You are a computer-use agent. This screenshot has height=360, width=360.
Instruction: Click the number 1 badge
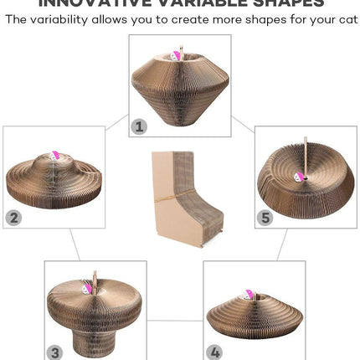(140, 126)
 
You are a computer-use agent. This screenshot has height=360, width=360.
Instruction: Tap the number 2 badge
(14, 218)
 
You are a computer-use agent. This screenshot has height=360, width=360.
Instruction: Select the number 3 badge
(55, 352)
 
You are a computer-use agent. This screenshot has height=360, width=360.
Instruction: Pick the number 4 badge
(214, 352)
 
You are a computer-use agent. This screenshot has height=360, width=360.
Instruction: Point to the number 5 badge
(265, 218)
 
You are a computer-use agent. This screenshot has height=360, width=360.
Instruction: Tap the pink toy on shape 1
(177, 56)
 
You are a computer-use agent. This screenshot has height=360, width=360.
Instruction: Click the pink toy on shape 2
(56, 156)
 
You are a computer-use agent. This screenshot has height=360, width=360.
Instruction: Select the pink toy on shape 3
(87, 287)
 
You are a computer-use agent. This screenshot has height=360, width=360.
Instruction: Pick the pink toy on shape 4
(248, 295)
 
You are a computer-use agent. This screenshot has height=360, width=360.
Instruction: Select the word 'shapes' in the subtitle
(262, 19)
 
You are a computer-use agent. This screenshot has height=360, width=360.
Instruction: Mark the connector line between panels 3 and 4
(175, 319)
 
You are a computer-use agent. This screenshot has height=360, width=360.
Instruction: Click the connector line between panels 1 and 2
(116, 122)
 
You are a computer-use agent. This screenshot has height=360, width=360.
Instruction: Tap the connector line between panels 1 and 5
(243, 124)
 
